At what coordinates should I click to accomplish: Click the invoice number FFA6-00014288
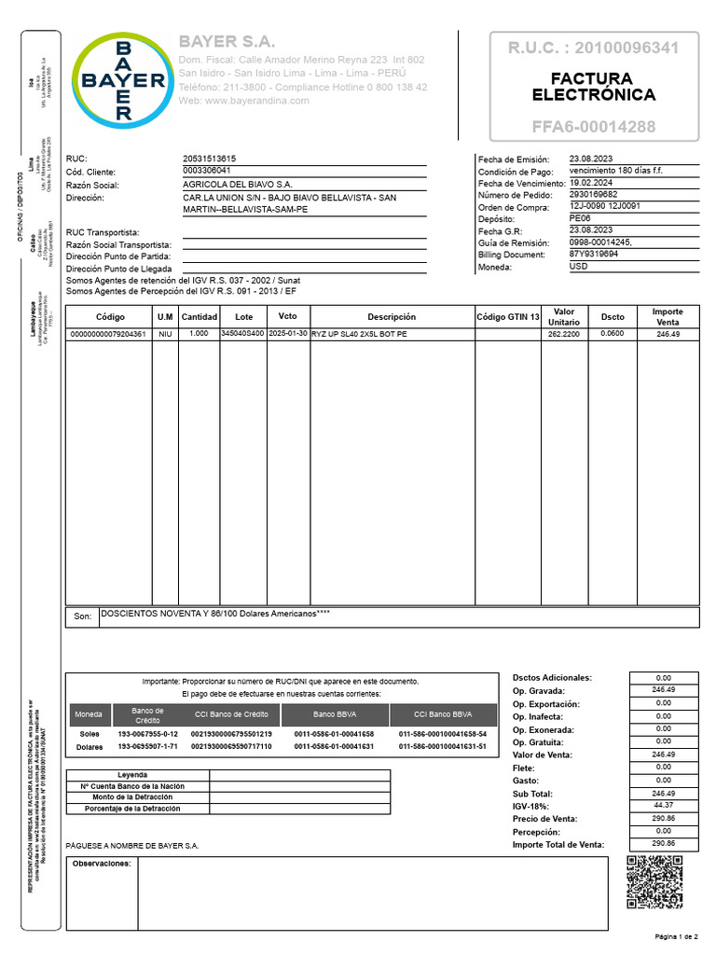tap(593, 127)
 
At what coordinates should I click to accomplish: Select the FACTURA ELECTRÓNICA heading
tap(593, 87)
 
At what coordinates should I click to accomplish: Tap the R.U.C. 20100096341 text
tap(593, 48)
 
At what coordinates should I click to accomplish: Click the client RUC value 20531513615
tap(210, 159)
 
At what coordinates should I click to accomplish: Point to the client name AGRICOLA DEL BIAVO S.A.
tap(237, 185)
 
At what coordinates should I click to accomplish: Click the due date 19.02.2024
tap(590, 184)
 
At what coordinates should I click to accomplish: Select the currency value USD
tap(578, 266)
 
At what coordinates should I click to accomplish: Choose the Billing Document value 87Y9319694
tap(593, 254)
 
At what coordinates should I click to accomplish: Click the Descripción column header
tap(392, 316)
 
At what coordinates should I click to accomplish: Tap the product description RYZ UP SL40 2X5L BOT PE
tap(359, 334)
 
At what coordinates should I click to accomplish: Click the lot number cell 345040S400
tap(242, 334)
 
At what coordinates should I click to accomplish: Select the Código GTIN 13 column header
tap(508, 316)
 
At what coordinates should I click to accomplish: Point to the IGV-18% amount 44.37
tap(663, 805)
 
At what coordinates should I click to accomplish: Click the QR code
tap(654, 882)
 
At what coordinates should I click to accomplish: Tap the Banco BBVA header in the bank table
tap(334, 715)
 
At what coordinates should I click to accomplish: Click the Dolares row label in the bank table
tap(89, 747)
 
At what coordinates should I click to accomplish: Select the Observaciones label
tap(102, 864)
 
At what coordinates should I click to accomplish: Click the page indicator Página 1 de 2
tap(676, 935)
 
